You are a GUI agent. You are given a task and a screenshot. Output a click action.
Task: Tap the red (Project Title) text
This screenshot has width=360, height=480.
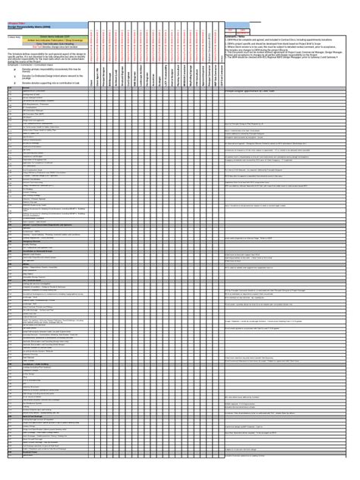(17, 21)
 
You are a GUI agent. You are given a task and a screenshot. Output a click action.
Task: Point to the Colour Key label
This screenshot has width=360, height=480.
(14, 36)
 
